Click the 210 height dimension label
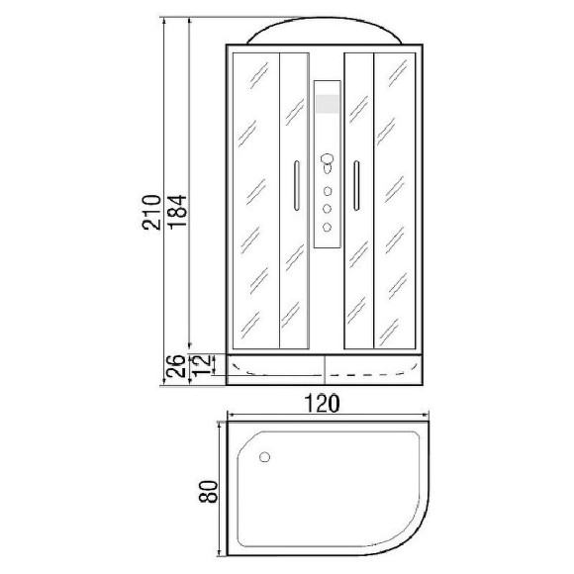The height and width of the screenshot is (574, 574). click(x=151, y=213)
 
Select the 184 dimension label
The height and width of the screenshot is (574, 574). click(x=177, y=213)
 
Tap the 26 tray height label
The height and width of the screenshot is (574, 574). click(x=176, y=366)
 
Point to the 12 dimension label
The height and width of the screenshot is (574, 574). click(x=202, y=365)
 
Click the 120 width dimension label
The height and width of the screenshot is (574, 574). click(x=323, y=403)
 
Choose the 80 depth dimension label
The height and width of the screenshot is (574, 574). click(x=208, y=491)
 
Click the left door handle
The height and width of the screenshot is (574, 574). click(x=297, y=186)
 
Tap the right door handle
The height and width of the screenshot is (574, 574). click(x=356, y=186)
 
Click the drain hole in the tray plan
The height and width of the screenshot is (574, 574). click(x=264, y=457)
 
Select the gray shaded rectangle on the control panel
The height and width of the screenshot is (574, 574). click(x=328, y=104)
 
